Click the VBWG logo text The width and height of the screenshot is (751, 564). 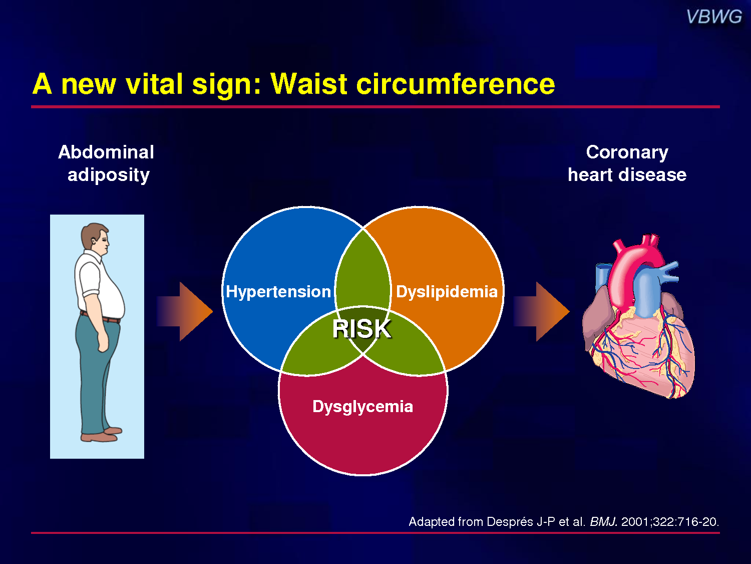[x=714, y=17]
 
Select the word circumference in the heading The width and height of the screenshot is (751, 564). [x=456, y=84]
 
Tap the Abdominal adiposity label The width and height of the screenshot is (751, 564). [x=107, y=164]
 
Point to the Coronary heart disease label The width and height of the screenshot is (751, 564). [x=627, y=163]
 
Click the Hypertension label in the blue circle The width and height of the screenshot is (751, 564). [x=278, y=292]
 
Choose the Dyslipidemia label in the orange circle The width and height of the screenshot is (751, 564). [x=447, y=292]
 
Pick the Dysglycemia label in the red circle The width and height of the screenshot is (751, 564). [x=362, y=407]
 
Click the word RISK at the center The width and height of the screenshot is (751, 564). [x=361, y=329]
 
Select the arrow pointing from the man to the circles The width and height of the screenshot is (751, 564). [x=185, y=312]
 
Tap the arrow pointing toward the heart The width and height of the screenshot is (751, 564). [x=542, y=312]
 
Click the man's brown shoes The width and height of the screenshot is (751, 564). [x=101, y=435]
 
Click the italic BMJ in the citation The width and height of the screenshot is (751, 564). [x=603, y=521]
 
